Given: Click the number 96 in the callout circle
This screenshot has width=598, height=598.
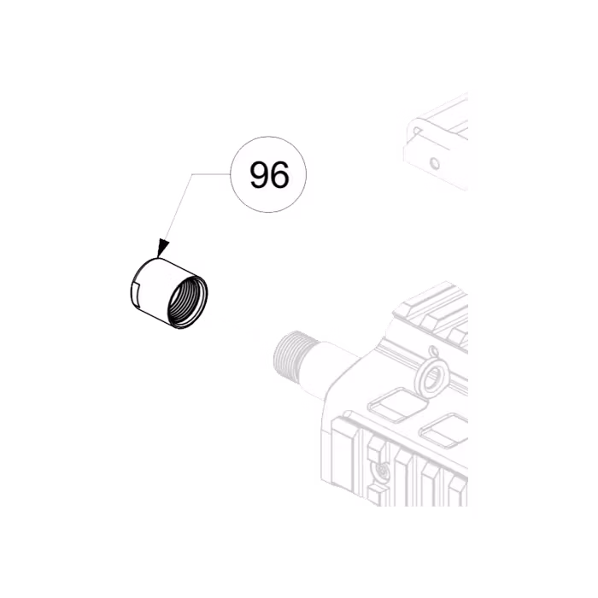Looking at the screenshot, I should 269,176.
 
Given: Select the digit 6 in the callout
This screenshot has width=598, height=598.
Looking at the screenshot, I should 279,176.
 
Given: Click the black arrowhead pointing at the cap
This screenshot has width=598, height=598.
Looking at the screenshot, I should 163,249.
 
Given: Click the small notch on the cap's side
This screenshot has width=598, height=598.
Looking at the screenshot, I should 137,296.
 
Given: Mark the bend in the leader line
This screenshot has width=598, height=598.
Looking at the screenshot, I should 191,174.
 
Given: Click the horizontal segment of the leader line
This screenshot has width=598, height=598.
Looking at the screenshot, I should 210,174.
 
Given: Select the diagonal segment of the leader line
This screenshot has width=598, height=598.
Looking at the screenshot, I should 178,209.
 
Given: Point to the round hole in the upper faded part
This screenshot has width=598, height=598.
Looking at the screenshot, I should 433,161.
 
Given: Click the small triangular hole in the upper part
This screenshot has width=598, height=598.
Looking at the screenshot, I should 416,132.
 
